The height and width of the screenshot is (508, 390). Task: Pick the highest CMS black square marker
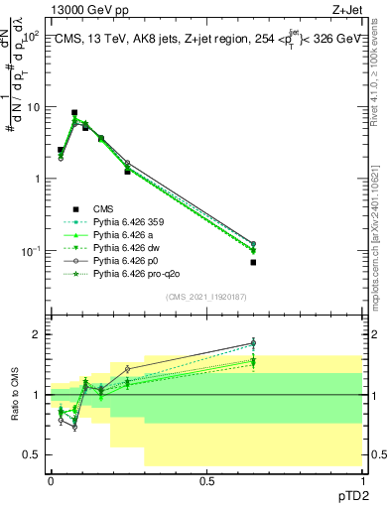coord(74,113)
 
